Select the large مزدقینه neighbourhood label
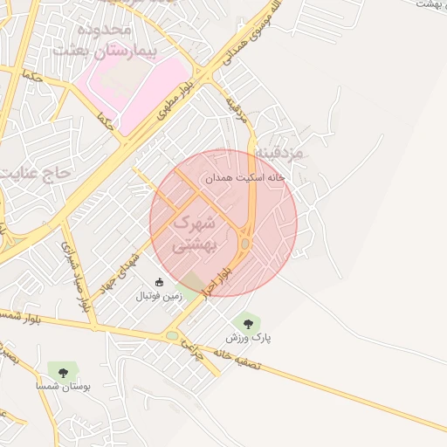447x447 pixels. pyautogui.click(x=279, y=153)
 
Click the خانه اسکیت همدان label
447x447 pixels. pyautogui.click(x=245, y=177)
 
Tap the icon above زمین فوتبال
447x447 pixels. pyautogui.click(x=159, y=282)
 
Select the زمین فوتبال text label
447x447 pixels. pyautogui.click(x=159, y=297)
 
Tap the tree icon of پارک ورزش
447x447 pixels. pyautogui.click(x=249, y=324)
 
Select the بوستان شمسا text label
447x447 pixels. pyautogui.click(x=58, y=385)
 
